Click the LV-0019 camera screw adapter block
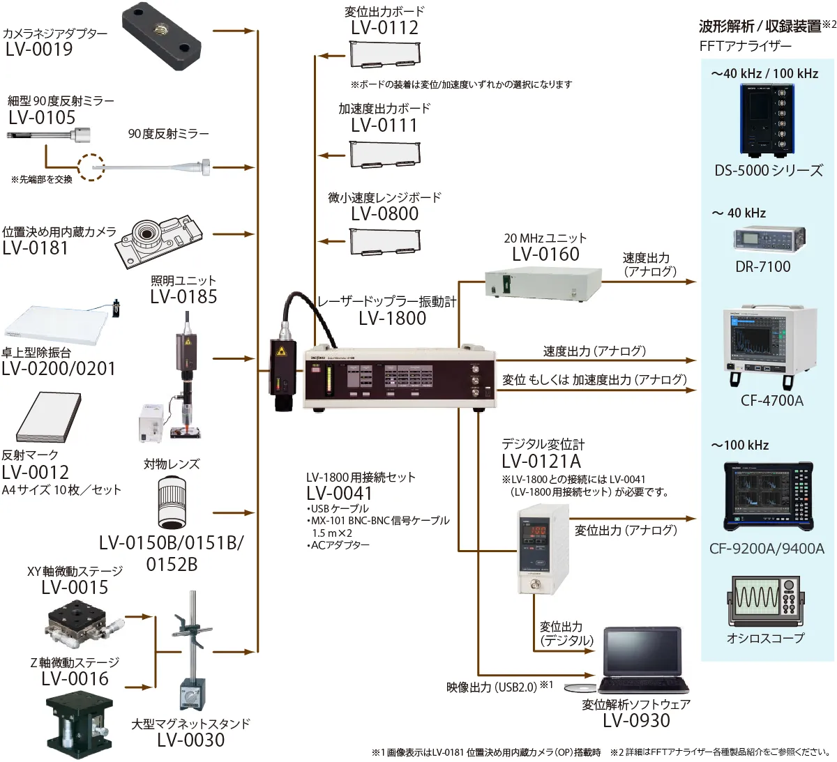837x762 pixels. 162,36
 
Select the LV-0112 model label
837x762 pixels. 384,28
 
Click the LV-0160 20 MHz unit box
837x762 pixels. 543,283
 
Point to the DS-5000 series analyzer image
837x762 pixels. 767,121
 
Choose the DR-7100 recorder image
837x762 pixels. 769,239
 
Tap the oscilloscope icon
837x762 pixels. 766,602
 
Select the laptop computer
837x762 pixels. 643,660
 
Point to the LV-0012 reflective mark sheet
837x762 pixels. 49,417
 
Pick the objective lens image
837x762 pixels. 172,503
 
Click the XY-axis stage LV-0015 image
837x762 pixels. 84,624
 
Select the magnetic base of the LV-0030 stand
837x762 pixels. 192,694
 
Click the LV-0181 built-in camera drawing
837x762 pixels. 159,241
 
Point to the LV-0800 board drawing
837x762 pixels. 385,242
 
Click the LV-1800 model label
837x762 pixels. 392,318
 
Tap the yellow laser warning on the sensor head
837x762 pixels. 282,351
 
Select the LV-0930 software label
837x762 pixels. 636,720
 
